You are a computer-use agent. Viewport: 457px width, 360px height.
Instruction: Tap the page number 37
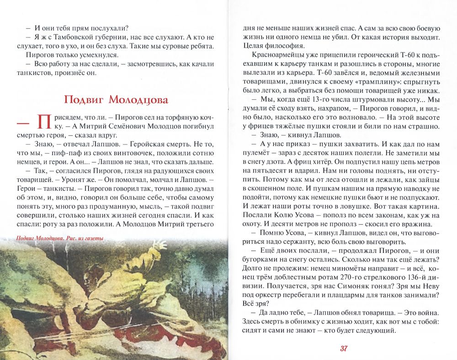pos(344,349)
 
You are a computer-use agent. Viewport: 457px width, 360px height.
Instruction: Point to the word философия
pos(278,46)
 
